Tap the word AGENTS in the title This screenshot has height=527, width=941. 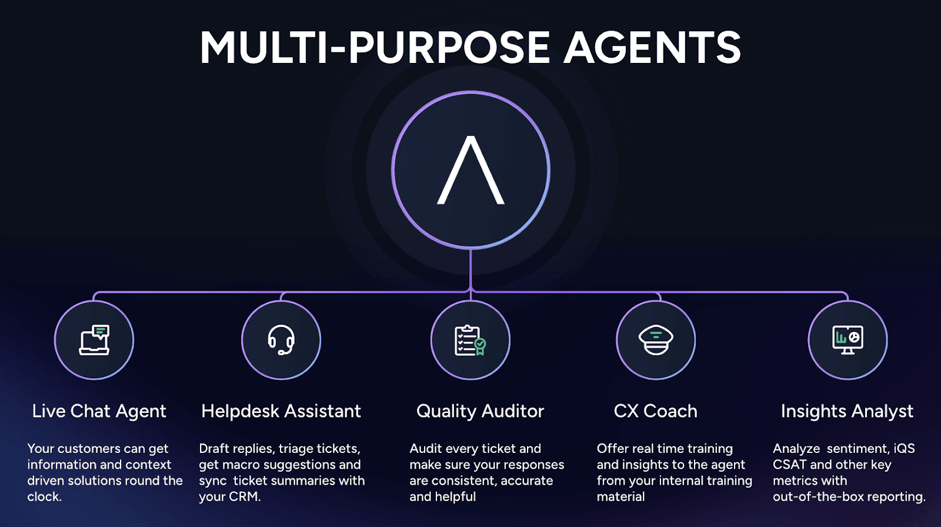pos(652,48)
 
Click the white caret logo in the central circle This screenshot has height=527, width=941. pos(470,170)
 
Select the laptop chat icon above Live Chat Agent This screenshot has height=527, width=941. pos(95,340)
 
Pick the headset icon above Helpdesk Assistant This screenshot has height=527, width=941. pos(281,340)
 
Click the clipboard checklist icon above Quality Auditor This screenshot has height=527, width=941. pos(470,341)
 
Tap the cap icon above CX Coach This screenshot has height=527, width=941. pos(656,340)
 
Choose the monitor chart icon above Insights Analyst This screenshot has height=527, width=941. pos(847,340)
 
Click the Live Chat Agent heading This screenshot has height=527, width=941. pos(99,411)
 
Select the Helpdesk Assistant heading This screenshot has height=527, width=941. pos(281,411)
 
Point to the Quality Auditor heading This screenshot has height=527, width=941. pos(480,411)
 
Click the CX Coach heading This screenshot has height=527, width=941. pos(655,411)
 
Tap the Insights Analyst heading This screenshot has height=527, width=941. pos(847,411)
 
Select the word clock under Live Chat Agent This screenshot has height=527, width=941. pos(44,496)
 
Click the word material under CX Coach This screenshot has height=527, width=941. pos(620,496)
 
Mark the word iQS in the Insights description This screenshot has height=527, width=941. pos(904,448)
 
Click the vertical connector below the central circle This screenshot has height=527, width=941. pos(470,269)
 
